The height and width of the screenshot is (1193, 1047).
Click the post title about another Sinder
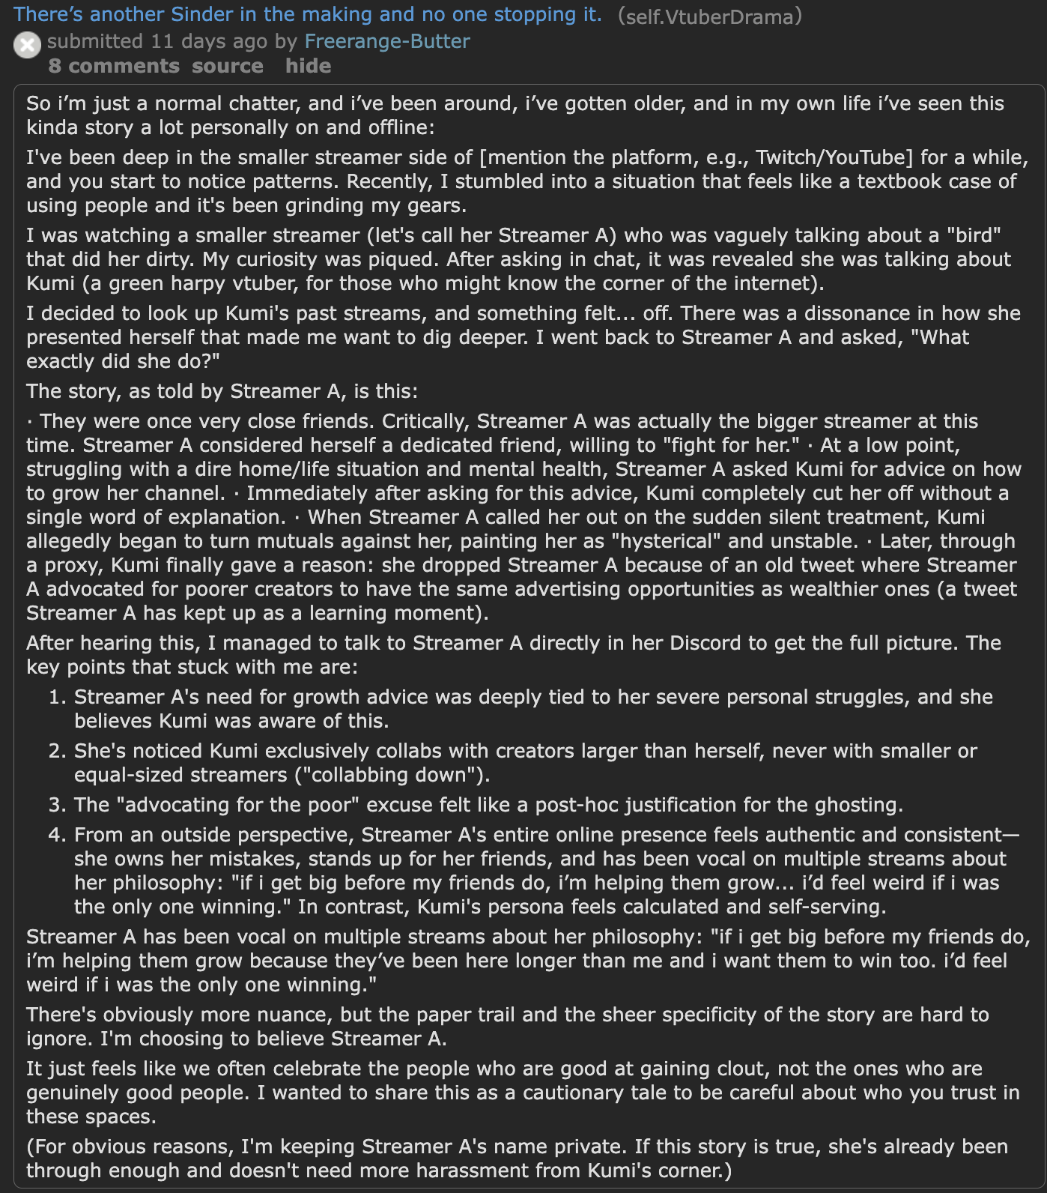tap(307, 14)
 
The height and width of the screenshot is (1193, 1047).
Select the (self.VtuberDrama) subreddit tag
tap(709, 16)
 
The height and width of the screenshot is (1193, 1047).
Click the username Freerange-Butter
tap(387, 41)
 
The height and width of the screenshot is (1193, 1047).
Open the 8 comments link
tap(114, 66)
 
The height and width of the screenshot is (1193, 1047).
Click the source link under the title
tap(227, 66)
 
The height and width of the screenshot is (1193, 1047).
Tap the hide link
tap(308, 66)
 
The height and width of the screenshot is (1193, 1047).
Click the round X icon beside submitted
tap(27, 45)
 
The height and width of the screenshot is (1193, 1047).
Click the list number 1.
tap(57, 698)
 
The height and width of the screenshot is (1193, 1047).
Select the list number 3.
tap(57, 806)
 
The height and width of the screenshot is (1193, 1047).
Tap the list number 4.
tap(57, 836)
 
